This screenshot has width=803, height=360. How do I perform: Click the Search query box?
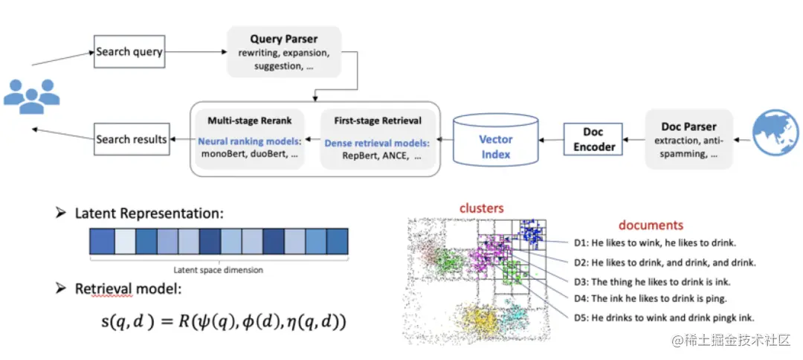[x=129, y=52]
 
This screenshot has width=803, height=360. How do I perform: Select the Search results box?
[x=132, y=139]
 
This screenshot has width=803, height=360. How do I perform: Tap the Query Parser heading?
[x=283, y=39]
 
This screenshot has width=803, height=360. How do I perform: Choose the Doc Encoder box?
[x=593, y=139]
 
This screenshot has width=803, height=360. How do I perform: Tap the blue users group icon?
[x=31, y=94]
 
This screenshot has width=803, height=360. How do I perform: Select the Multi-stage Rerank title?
[x=250, y=120]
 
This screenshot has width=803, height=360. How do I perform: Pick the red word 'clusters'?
[x=481, y=208]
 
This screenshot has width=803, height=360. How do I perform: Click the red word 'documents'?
[x=651, y=225]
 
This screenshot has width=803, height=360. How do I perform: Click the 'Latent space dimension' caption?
[x=218, y=269]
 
